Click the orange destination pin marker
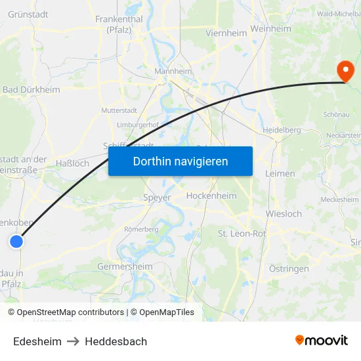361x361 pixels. pos(344,71)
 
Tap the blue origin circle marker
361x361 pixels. pos(16,242)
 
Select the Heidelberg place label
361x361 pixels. pos(282,130)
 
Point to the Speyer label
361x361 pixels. pos(157,197)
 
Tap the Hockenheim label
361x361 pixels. pos(211,196)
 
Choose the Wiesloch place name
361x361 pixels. pos(284,213)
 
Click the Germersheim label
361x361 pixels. pos(125,266)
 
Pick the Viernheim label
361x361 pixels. pos(226,32)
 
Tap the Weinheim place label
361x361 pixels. pos(270,29)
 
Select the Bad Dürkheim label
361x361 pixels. pos(31,90)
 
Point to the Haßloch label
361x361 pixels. pos(72,163)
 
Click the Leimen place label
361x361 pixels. pos(280,173)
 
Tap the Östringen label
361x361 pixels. pos(289,269)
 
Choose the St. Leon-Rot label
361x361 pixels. pos(242,233)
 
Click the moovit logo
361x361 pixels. pos(322,340)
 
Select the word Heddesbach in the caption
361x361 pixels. pos(116,341)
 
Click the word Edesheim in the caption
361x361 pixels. pos(37,341)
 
